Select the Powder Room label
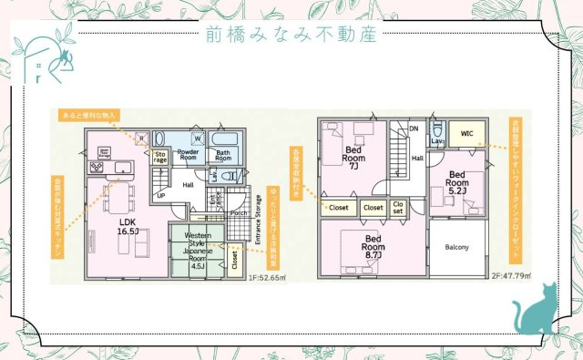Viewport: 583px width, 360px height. (188, 155)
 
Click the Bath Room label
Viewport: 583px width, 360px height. (224, 155)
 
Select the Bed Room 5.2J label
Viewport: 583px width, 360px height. (456, 182)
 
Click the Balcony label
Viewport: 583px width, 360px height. (457, 247)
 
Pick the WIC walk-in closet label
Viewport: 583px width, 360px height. (466, 134)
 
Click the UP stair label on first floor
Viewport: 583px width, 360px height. (161, 196)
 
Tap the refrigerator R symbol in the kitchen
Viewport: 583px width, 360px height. (139, 139)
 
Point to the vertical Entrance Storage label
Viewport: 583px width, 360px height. (257, 235)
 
